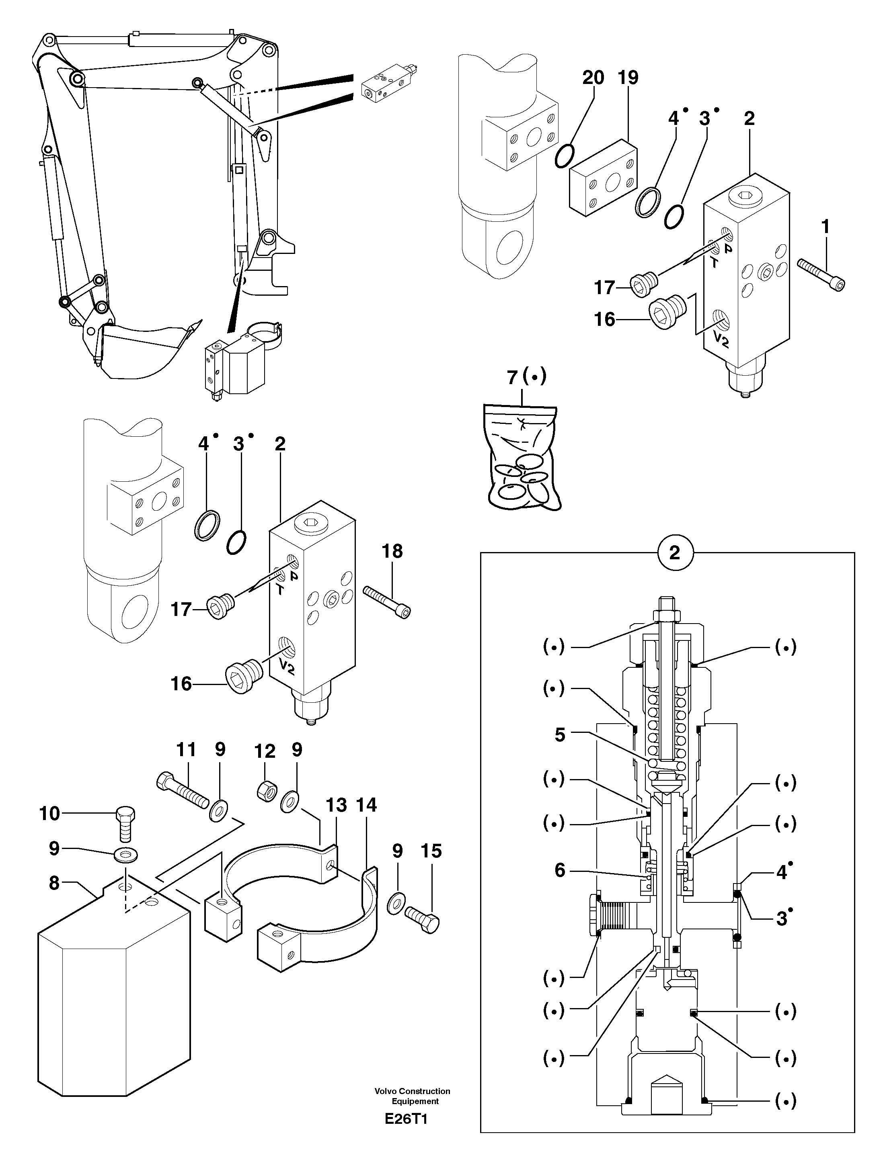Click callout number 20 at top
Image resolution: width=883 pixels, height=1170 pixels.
point(593,78)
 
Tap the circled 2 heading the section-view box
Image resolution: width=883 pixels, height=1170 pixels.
point(674,553)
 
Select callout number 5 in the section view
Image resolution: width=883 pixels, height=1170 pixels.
point(560,735)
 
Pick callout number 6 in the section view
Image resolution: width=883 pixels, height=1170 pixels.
point(560,870)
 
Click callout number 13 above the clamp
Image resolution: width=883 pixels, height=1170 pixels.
point(336,805)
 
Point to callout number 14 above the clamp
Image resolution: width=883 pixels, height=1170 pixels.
point(366,805)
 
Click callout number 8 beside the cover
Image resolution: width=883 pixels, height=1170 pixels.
point(54,883)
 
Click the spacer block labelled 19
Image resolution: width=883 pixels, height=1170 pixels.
point(604,178)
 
